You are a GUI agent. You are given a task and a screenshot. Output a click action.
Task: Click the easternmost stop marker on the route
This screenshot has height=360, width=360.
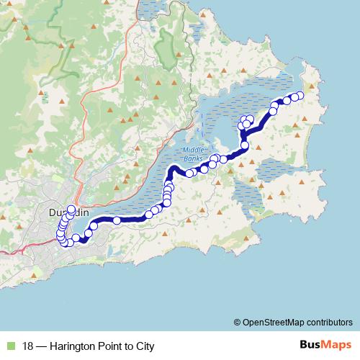(x=300, y=96)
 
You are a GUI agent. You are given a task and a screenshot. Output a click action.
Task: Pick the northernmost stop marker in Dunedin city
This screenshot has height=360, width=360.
(x=71, y=210)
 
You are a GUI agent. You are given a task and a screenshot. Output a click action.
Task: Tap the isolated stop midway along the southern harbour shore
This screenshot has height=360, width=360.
(x=117, y=220)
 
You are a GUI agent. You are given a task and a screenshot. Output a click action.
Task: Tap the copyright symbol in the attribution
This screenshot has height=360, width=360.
(x=237, y=322)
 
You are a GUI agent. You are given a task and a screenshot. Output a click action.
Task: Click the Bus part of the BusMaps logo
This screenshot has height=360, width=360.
(x=310, y=345)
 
